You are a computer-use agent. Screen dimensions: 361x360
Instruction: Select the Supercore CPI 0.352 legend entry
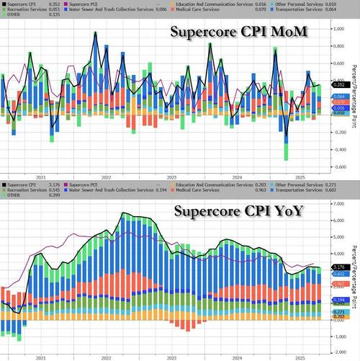point(25,4)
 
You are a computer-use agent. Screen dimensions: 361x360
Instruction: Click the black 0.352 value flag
point(339,84)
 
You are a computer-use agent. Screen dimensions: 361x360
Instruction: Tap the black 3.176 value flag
point(339,267)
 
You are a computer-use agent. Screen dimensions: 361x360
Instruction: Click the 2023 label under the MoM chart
point(172,176)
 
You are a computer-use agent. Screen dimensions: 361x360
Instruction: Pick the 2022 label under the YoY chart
point(106,356)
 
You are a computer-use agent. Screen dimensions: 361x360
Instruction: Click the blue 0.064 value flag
point(339,97)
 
